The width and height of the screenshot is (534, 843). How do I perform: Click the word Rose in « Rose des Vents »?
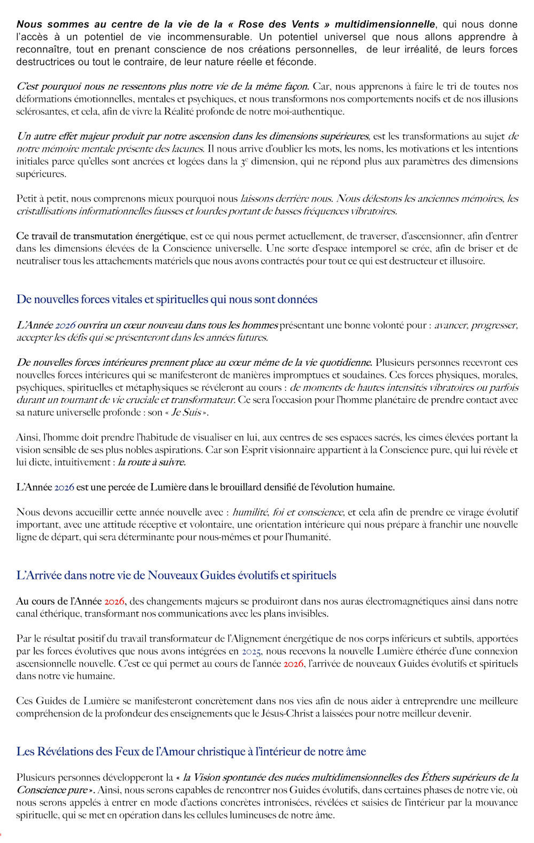point(251,25)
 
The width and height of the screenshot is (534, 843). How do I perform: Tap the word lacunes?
point(187,149)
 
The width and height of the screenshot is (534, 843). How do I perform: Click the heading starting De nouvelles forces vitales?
point(167,299)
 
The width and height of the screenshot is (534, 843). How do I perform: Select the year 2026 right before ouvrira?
point(65,325)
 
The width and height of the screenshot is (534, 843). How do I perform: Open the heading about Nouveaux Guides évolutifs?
point(176,576)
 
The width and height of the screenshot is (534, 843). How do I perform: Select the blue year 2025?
point(251,651)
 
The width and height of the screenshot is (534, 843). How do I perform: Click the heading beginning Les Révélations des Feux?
point(191,752)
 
